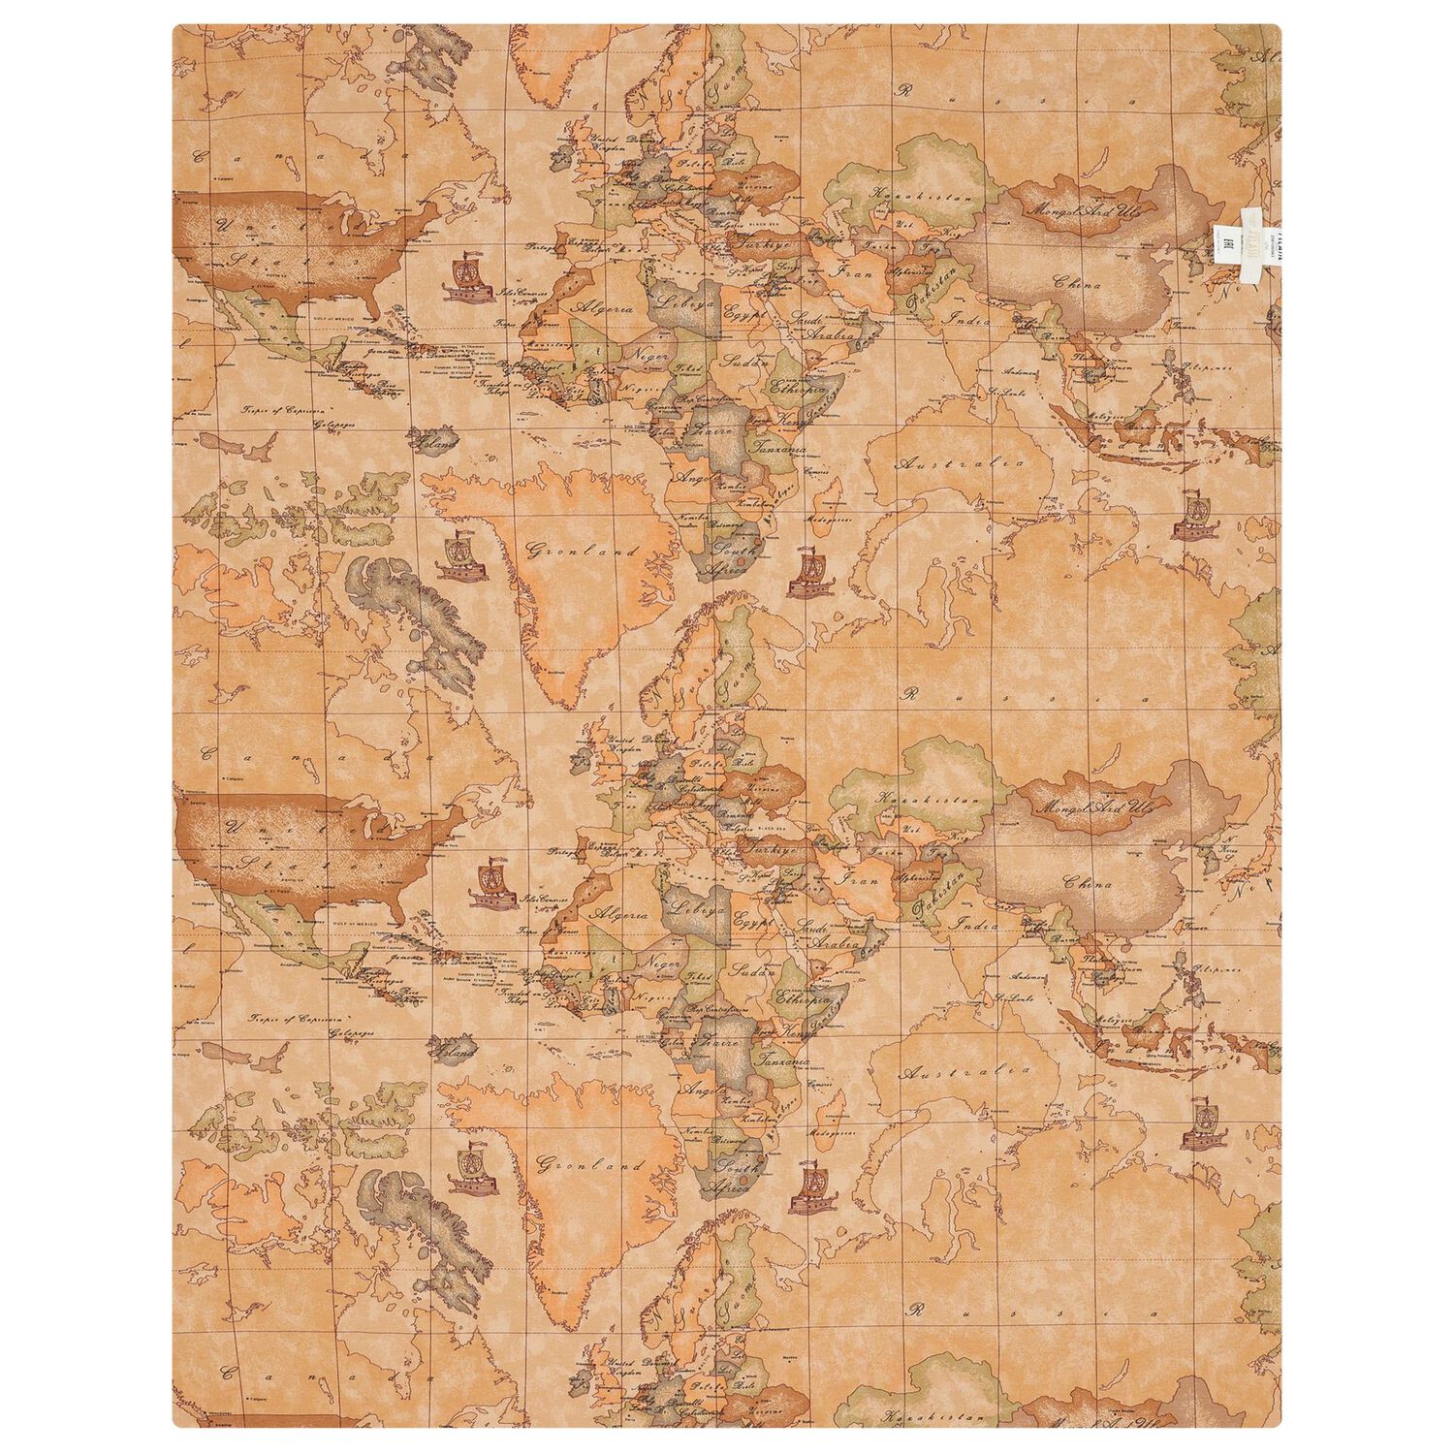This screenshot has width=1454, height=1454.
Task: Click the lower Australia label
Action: point(964,1072)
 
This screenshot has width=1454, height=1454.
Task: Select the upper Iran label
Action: point(852,274)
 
